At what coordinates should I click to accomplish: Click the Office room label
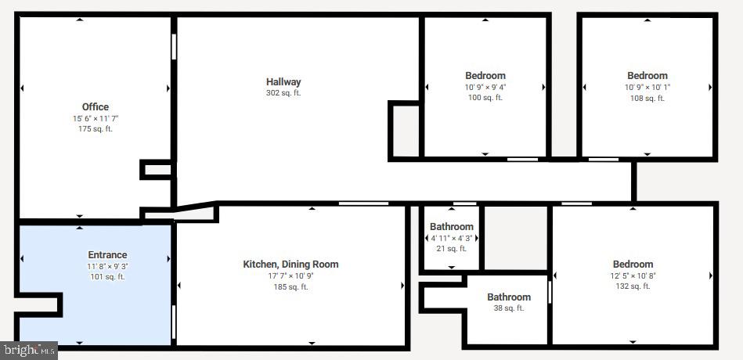[x=96, y=107]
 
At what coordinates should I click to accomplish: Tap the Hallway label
[x=283, y=82]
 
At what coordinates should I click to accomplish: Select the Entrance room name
[x=107, y=255]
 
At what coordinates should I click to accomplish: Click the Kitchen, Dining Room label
[x=290, y=265]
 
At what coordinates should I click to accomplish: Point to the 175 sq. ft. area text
[x=96, y=129]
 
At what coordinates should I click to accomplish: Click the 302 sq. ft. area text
[x=283, y=93]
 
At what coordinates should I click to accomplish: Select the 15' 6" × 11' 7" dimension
[x=96, y=119]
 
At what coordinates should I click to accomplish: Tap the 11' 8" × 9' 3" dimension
[x=107, y=266]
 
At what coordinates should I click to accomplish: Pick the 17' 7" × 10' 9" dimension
[x=290, y=275]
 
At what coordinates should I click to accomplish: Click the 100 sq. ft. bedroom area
[x=485, y=98]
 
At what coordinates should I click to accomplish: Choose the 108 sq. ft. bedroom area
[x=647, y=99]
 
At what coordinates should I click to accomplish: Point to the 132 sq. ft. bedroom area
[x=633, y=286]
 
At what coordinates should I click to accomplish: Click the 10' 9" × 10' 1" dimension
[x=647, y=88]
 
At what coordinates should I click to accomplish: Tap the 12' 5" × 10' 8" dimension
[x=633, y=275]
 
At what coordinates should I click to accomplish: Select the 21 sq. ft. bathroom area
[x=452, y=249]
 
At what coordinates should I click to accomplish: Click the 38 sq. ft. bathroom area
[x=509, y=308]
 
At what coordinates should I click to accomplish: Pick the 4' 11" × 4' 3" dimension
[x=452, y=238]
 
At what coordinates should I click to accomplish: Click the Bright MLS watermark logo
[x=29, y=350]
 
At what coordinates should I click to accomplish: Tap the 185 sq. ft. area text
[x=290, y=287]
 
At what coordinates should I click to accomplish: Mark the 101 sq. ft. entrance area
[x=107, y=277]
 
